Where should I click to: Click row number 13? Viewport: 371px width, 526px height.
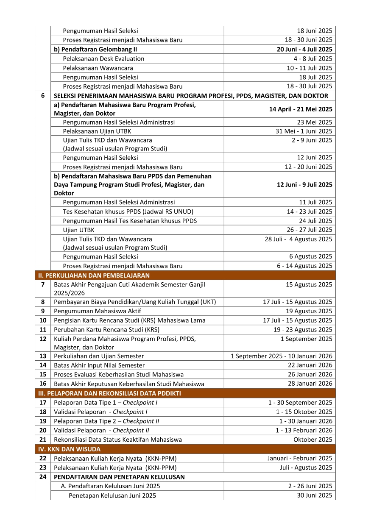[43, 356]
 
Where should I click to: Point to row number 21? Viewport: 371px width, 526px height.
[43, 440]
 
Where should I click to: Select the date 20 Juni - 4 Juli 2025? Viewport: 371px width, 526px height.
[304, 49]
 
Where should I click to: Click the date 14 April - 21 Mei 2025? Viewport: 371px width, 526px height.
[301, 109]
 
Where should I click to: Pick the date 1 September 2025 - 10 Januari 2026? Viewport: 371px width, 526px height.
[282, 356]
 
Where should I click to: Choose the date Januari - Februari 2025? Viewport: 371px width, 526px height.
[300, 458]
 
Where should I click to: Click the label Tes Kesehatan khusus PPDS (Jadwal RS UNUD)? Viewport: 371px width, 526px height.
[122, 212]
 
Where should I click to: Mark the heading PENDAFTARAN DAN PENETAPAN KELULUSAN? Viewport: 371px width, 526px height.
[119, 477]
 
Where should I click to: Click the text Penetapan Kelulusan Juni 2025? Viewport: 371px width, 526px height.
[112, 495]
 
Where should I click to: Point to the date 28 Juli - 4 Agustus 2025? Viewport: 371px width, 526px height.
[298, 239]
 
